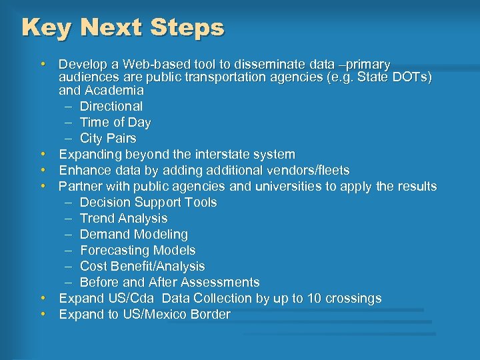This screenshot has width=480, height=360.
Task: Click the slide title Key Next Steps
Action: point(123,27)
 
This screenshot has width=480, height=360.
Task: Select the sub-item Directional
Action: point(111,106)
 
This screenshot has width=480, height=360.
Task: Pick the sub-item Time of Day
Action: point(115,123)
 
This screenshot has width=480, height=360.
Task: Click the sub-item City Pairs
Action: point(107,139)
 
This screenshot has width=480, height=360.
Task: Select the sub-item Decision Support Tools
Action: point(148,202)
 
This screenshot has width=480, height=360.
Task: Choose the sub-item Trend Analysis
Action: point(123,218)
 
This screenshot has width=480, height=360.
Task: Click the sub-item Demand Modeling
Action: point(133,235)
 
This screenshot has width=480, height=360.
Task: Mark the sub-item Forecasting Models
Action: point(137,251)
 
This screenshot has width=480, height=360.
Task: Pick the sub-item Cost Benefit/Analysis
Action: point(142,267)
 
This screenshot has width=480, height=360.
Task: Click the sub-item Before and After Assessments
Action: point(169,283)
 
